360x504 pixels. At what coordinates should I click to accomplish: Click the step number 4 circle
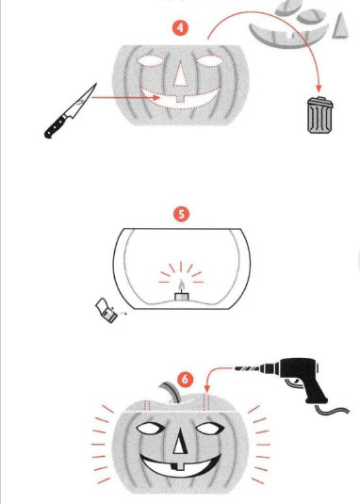[x=180, y=28]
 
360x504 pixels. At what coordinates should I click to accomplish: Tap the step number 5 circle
[x=182, y=214]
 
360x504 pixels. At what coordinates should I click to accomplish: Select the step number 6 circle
[x=185, y=380]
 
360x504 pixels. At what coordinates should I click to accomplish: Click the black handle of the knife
[x=57, y=126]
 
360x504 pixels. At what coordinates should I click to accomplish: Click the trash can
[x=319, y=115]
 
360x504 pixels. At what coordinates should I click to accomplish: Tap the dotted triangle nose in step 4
[x=180, y=74]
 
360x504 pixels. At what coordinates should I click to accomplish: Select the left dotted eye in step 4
[x=151, y=60]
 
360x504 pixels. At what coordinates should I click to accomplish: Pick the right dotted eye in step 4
[x=209, y=60]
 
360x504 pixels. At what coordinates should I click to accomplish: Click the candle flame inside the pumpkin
[x=182, y=285]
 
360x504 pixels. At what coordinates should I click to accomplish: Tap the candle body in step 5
[x=181, y=297]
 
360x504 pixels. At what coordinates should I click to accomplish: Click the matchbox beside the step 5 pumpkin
[x=106, y=311]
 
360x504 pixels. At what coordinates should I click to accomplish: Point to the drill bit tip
[x=237, y=368]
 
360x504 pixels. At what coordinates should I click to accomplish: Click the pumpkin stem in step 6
[x=171, y=392]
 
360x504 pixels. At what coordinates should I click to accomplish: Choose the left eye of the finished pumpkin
[x=151, y=428]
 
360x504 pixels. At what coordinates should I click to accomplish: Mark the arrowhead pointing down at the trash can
[x=319, y=88]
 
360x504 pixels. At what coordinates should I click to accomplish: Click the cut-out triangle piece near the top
[x=341, y=26]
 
